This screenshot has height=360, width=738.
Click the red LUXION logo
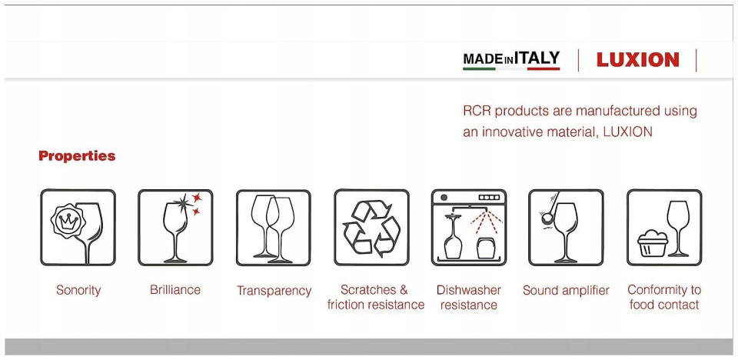click(x=638, y=60)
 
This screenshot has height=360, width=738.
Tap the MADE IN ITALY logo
click(x=511, y=60)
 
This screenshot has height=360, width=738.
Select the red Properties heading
click(x=77, y=156)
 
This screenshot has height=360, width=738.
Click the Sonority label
click(x=78, y=290)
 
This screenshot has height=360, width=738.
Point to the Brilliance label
click(x=175, y=289)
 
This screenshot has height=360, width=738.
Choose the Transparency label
click(x=274, y=291)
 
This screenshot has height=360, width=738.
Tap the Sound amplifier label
click(x=566, y=290)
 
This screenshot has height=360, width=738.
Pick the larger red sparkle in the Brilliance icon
click(x=196, y=197)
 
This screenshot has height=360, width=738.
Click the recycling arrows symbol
click(x=371, y=228)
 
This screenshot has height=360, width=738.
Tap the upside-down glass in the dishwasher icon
click(x=453, y=237)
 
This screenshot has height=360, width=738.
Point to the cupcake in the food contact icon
click(x=653, y=243)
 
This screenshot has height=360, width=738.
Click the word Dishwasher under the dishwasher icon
click(x=468, y=289)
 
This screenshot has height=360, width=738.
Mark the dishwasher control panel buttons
click(x=489, y=198)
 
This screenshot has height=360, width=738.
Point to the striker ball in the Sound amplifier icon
click(x=547, y=218)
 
